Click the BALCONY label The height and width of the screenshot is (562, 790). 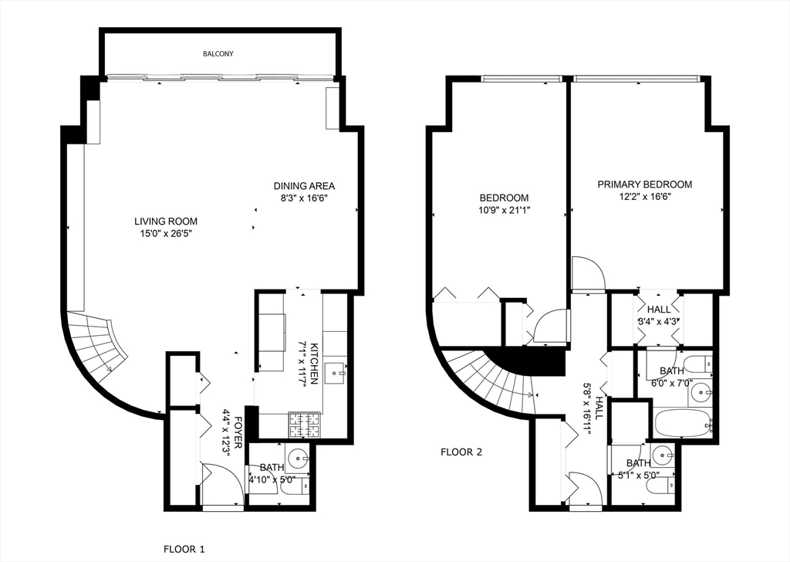tap(218, 54)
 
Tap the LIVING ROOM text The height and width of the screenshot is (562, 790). tap(166, 222)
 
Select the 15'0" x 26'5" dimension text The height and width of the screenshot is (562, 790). tap(166, 232)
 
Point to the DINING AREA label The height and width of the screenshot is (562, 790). tap(304, 186)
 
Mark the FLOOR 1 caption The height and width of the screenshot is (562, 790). tap(184, 550)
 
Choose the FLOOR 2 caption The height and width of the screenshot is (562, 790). tap(461, 452)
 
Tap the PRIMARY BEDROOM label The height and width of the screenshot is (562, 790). tap(645, 185)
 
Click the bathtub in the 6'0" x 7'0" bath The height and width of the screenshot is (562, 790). tap(682, 422)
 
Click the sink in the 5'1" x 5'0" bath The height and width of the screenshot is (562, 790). tap(661, 453)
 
